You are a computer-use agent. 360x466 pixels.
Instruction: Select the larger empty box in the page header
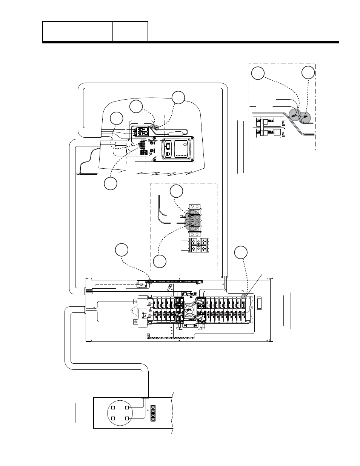(x=78, y=31)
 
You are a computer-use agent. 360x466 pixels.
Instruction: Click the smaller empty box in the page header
(x=130, y=31)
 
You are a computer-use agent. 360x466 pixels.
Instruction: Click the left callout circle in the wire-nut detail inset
(x=258, y=73)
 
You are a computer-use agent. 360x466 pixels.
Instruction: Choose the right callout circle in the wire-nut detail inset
(x=308, y=73)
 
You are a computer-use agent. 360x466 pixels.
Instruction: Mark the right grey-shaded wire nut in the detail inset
(x=306, y=117)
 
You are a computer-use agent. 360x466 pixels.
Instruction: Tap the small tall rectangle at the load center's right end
(x=258, y=302)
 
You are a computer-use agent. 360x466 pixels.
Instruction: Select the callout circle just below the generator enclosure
(x=111, y=184)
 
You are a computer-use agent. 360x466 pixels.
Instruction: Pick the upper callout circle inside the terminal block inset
(x=176, y=191)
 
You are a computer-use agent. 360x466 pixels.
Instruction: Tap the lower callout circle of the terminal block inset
(x=159, y=261)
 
